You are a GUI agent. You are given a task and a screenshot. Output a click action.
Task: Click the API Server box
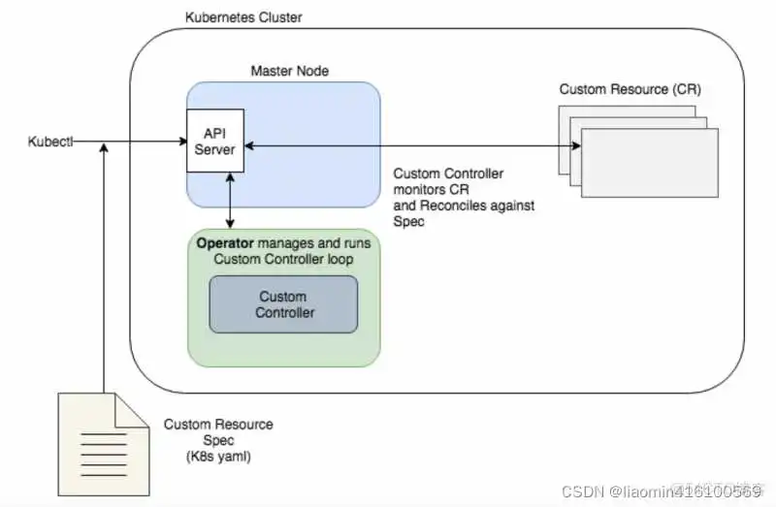[x=215, y=142]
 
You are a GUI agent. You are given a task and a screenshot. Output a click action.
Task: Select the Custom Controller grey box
[x=283, y=304]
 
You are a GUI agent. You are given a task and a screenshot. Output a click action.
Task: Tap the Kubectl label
[x=50, y=143]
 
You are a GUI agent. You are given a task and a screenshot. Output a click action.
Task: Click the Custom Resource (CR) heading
[x=630, y=89]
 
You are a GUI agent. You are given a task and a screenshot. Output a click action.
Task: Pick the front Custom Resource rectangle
[x=649, y=163]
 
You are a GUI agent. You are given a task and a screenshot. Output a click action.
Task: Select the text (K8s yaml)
[x=218, y=457]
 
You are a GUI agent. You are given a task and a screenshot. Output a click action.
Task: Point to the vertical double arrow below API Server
[x=229, y=201]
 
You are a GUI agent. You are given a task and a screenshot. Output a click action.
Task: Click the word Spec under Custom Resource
[x=218, y=440]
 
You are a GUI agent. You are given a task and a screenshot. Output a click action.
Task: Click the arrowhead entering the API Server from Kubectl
[x=181, y=143]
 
